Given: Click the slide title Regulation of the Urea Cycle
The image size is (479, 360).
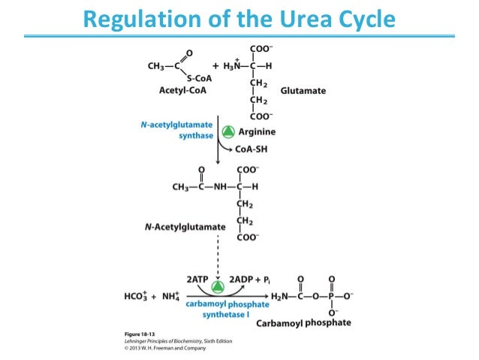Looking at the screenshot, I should click(x=239, y=17).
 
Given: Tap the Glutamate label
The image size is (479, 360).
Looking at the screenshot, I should click(x=303, y=91).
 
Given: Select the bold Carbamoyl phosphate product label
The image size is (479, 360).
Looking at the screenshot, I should click(x=303, y=322).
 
